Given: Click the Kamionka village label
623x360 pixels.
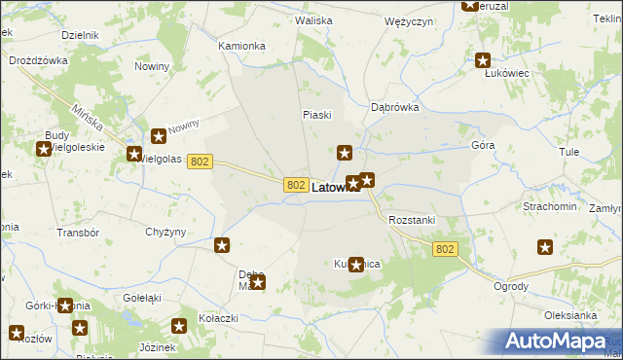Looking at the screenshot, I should pyautogui.click(x=241, y=46).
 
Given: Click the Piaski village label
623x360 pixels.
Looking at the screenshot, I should pyautogui.click(x=316, y=115).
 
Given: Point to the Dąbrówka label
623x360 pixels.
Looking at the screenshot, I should pyautogui.click(x=395, y=108).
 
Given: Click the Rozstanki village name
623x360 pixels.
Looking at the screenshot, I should pyautogui.click(x=412, y=220).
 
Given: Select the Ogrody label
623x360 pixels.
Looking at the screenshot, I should pyautogui.click(x=511, y=286).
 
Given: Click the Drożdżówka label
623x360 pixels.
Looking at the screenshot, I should pyautogui.click(x=36, y=60).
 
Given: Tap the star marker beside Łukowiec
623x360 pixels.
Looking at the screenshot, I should pyautogui.click(x=483, y=60).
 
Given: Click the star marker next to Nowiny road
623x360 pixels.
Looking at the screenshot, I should pyautogui.click(x=159, y=138).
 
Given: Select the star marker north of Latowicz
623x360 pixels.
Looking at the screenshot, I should pyautogui.click(x=345, y=152).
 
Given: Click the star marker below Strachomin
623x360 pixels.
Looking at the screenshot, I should pyautogui.click(x=545, y=247).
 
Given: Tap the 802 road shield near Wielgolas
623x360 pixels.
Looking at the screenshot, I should pyautogui.click(x=200, y=162).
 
